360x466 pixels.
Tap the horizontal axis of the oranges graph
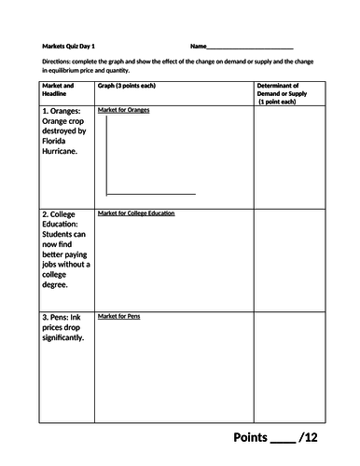point(151,194)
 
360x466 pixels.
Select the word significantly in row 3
point(66,338)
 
